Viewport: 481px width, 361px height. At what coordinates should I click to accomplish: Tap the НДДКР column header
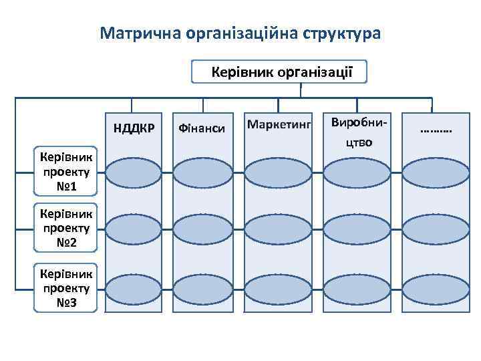coord(134,127)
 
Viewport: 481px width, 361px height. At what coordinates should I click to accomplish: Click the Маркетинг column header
coord(279,124)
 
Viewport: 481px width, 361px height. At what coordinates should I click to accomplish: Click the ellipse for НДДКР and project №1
coord(133,170)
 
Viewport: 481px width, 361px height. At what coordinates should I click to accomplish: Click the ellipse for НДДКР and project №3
coord(133,289)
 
